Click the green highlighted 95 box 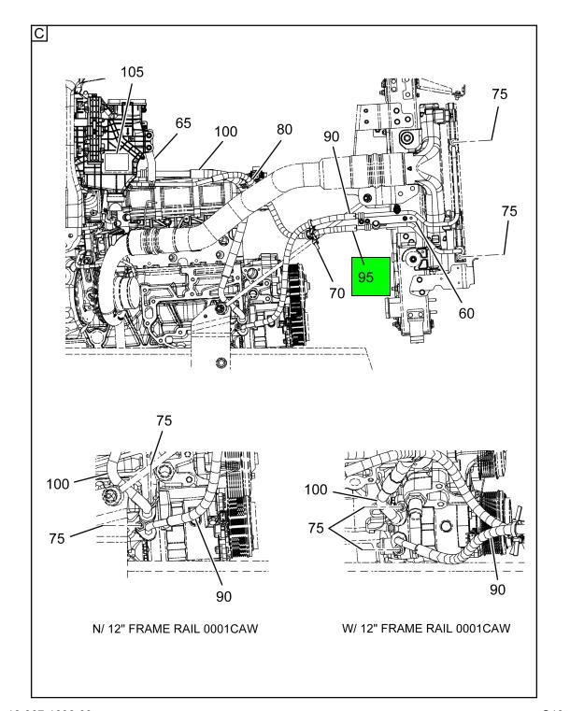369,277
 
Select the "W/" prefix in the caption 350,630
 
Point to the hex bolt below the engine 221,363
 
